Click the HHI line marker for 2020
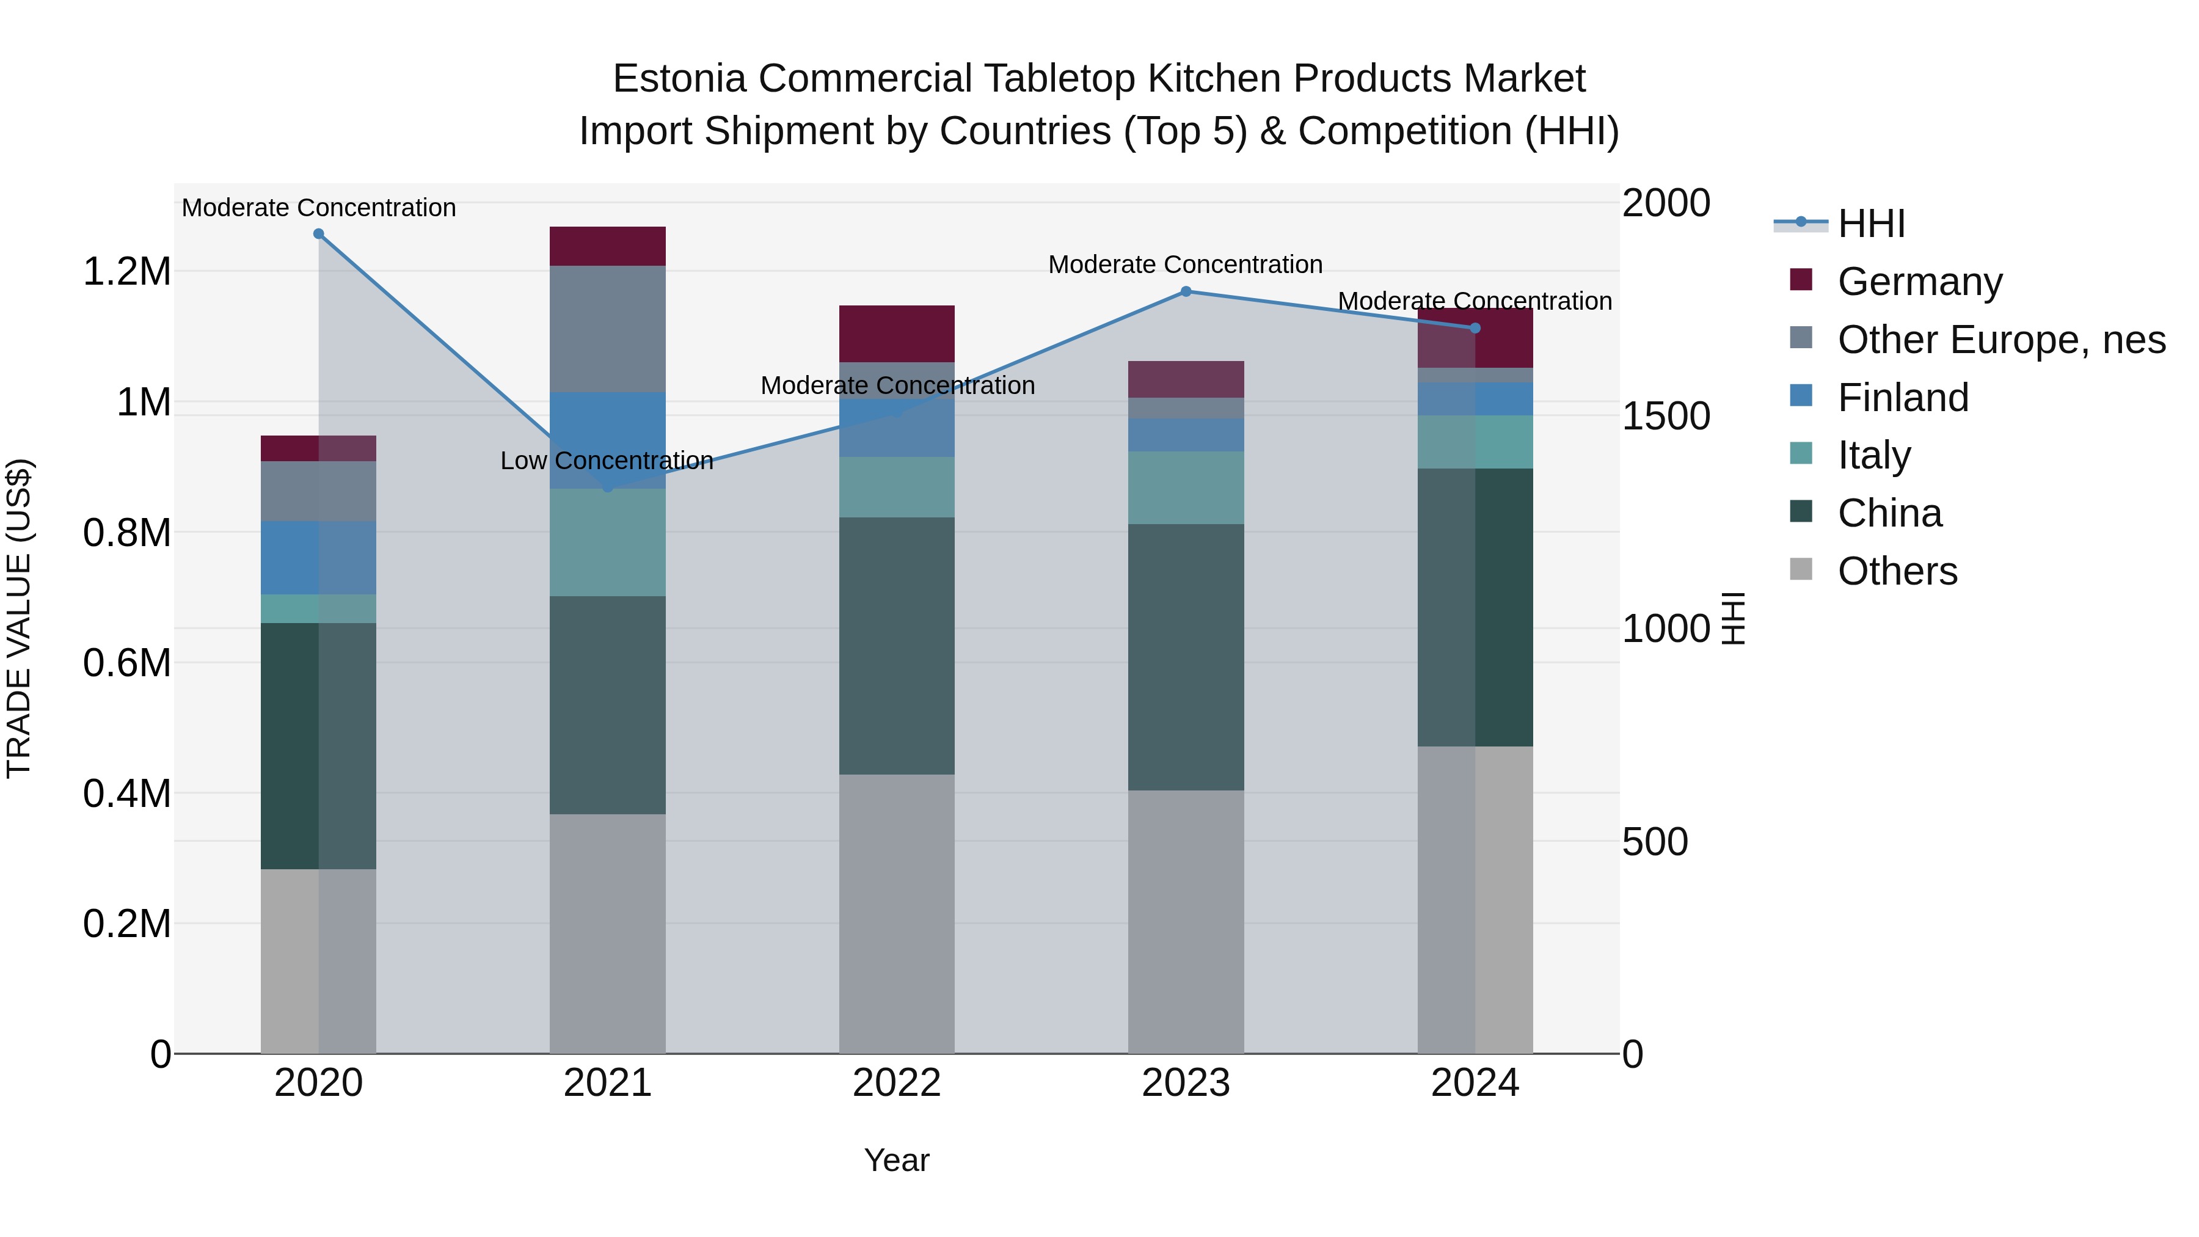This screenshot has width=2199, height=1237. pos(318,234)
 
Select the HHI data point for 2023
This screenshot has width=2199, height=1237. pos(1186,291)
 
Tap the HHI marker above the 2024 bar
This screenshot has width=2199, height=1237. pos(1475,328)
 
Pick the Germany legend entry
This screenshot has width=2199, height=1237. pos(1920,282)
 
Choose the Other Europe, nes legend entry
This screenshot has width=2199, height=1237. pos(2001,340)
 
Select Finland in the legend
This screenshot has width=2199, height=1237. pos(1903,398)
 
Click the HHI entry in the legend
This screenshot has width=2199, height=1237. pos(1871,224)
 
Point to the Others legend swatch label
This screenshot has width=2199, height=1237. pos(1897,571)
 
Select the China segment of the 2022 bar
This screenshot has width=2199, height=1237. pos(896,646)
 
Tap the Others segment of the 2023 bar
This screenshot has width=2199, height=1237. pos(1186,921)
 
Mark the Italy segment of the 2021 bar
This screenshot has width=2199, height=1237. pos(607,542)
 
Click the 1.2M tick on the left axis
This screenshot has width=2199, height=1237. pos(126,272)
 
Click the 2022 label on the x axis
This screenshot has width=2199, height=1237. pos(896,1083)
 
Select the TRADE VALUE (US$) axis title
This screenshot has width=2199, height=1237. pos(19,618)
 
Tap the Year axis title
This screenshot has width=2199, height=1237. pos(896,1160)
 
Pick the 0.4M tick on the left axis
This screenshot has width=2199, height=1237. pos(126,793)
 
